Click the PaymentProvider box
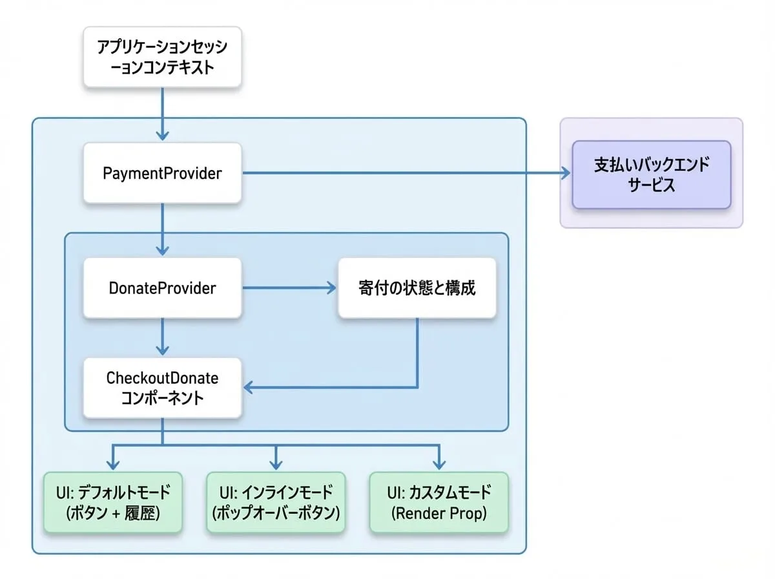pyautogui.click(x=162, y=173)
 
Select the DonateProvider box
pyautogui.click(x=162, y=288)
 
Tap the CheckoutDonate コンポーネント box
pyautogui.click(x=162, y=388)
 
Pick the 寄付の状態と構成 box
pyautogui.click(x=417, y=288)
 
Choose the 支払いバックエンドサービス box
pyautogui.click(x=652, y=174)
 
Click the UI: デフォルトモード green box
pyautogui.click(x=113, y=502)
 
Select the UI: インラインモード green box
pyautogui.click(x=276, y=502)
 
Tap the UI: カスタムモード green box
pyautogui.click(x=439, y=502)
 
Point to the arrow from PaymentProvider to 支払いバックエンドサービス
pyautogui.click(x=406, y=173)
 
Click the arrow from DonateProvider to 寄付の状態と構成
pyautogui.click(x=289, y=288)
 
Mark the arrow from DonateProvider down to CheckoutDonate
pyautogui.click(x=162, y=337)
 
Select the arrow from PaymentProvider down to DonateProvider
pyautogui.click(x=162, y=229)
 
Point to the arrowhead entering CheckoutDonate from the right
pyautogui.click(x=248, y=388)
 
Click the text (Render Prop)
pyautogui.click(x=439, y=513)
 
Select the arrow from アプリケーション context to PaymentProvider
pyautogui.click(x=162, y=114)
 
